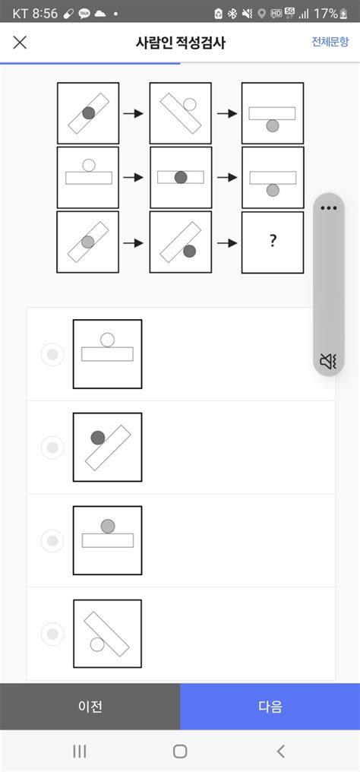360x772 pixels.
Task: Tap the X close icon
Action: click(20, 43)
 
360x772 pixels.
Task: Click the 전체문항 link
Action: click(330, 42)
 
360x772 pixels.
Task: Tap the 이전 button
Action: click(90, 707)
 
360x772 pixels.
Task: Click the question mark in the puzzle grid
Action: click(273, 242)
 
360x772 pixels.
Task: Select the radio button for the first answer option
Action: click(52, 354)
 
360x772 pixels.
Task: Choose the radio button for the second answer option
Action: click(52, 448)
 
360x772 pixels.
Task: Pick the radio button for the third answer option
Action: click(52, 541)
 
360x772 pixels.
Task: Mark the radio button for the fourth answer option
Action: click(52, 634)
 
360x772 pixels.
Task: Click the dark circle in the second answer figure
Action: click(98, 437)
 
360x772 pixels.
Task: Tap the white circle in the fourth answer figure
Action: click(97, 644)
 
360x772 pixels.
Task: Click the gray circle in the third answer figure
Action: click(108, 527)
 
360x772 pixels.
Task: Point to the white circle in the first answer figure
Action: click(107, 340)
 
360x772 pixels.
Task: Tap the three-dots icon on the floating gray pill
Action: click(329, 207)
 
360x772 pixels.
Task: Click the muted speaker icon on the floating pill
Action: click(328, 362)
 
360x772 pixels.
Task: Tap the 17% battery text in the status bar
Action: click(326, 14)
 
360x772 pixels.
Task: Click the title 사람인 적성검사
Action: click(181, 43)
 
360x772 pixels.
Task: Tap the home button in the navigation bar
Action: click(180, 751)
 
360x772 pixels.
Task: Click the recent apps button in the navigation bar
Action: click(79, 751)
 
